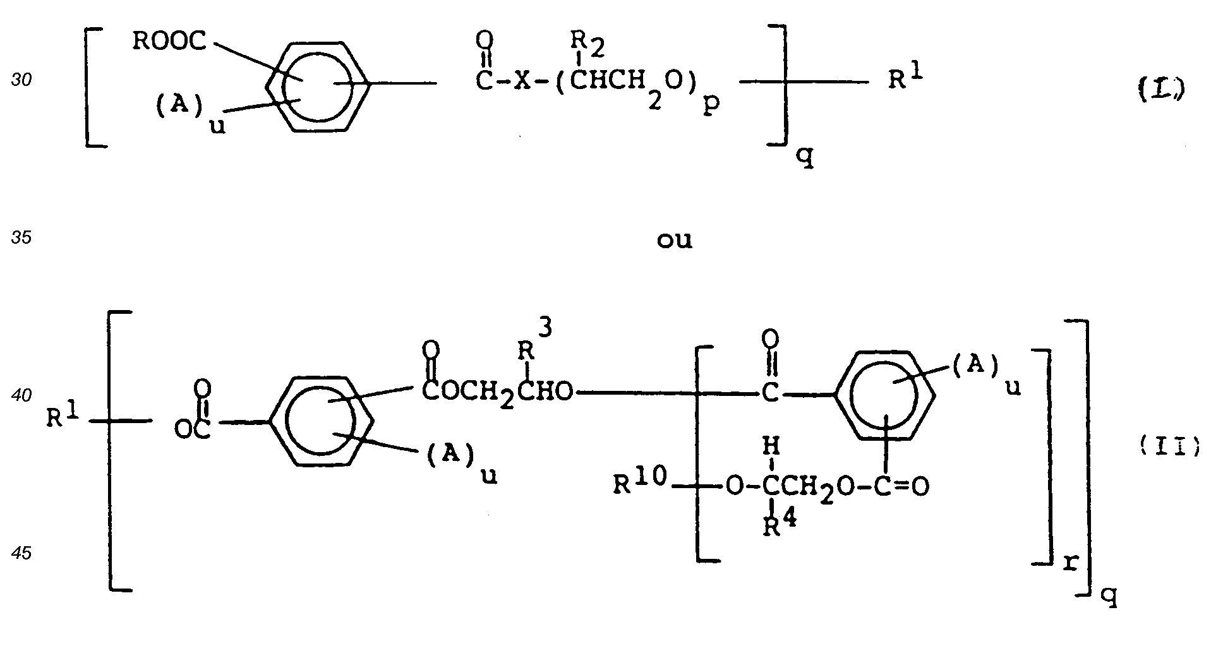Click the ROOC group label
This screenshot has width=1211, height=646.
coord(169,42)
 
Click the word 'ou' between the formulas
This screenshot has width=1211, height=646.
coord(675,241)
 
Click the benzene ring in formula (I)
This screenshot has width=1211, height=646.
coord(318,87)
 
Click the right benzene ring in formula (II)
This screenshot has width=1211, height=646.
coord(886,395)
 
